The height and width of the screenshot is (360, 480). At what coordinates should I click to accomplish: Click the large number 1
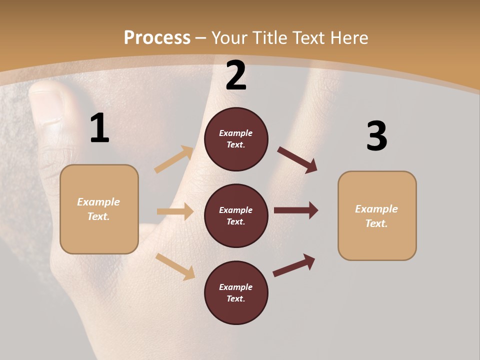[x=99, y=128]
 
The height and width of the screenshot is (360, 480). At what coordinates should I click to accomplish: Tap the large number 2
[x=236, y=76]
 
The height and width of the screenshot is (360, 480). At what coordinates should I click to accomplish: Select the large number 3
[x=376, y=136]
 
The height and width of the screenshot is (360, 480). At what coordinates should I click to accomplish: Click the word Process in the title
[x=157, y=37]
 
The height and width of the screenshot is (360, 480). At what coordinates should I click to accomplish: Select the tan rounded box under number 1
[x=99, y=209]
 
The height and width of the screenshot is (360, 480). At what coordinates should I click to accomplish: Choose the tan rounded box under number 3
[x=377, y=216]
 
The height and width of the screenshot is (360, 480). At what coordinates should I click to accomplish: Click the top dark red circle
[x=236, y=139]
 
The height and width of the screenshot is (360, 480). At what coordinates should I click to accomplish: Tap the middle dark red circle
[x=236, y=216]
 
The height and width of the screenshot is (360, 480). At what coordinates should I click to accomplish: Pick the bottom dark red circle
[x=236, y=293]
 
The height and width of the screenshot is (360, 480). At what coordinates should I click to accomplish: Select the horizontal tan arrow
[x=175, y=211]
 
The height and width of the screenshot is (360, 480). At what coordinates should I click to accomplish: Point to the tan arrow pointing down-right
[x=175, y=266]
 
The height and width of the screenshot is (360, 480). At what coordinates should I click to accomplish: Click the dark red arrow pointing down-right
[x=297, y=159]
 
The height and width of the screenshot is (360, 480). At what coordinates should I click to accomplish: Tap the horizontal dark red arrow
[x=296, y=210]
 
